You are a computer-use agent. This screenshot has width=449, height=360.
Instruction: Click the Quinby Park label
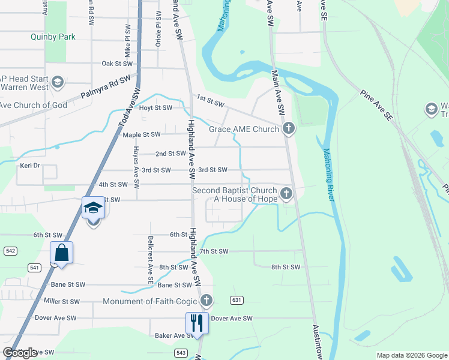tap(53, 37)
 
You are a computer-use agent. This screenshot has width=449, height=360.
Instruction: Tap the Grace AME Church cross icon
tap(289, 128)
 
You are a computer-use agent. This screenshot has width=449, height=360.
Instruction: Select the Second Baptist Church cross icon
tap(286, 193)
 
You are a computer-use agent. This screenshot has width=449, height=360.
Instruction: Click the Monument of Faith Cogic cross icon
tap(206, 299)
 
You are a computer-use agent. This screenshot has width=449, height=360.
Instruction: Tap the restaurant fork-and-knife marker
tap(196, 322)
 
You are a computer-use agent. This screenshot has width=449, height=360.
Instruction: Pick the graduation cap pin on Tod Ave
tap(94, 208)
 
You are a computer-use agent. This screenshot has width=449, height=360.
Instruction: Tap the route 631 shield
tap(237, 300)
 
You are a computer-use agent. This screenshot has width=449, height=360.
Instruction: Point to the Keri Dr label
tap(29, 165)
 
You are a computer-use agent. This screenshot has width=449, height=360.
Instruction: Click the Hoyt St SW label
tap(155, 108)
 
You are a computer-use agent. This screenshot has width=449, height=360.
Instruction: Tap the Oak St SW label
tap(116, 63)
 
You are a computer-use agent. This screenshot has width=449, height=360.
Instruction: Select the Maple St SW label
tap(142, 134)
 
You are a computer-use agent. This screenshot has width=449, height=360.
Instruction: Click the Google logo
tap(20, 353)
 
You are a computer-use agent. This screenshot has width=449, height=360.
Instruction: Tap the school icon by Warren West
tap(58, 82)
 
